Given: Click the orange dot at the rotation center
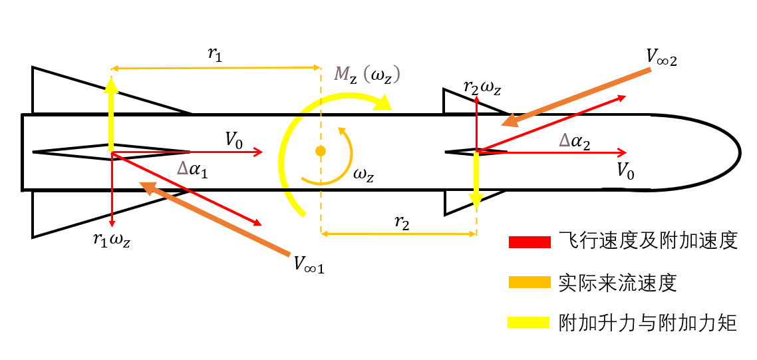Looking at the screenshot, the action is [x=319, y=151].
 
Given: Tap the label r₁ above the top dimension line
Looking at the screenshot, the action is [x=216, y=54].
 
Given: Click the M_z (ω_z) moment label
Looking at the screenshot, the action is [x=369, y=76].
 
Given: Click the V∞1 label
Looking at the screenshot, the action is [x=309, y=264].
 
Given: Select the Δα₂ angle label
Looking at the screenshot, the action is [x=574, y=141].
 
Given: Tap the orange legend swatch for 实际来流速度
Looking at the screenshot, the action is [x=530, y=282].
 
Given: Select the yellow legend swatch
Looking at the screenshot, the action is [x=530, y=322].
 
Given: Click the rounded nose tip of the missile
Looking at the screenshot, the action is [x=739, y=152].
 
